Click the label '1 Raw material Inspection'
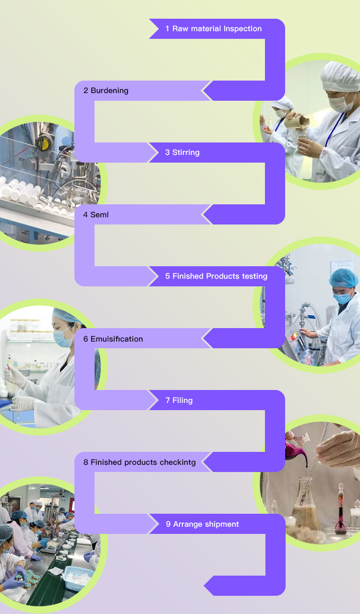[214, 29]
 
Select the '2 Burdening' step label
[106, 91]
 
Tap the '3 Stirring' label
[182, 153]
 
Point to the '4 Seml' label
[96, 214]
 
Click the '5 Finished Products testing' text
[216, 276]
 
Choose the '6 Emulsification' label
[113, 339]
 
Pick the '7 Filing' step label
[179, 400]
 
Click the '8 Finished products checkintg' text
[139, 462]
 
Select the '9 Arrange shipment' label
[202, 524]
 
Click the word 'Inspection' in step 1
[242, 29]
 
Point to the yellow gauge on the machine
[43, 143]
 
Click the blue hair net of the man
[344, 278]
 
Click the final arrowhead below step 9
[211, 586]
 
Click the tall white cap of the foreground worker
[340, 76]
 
